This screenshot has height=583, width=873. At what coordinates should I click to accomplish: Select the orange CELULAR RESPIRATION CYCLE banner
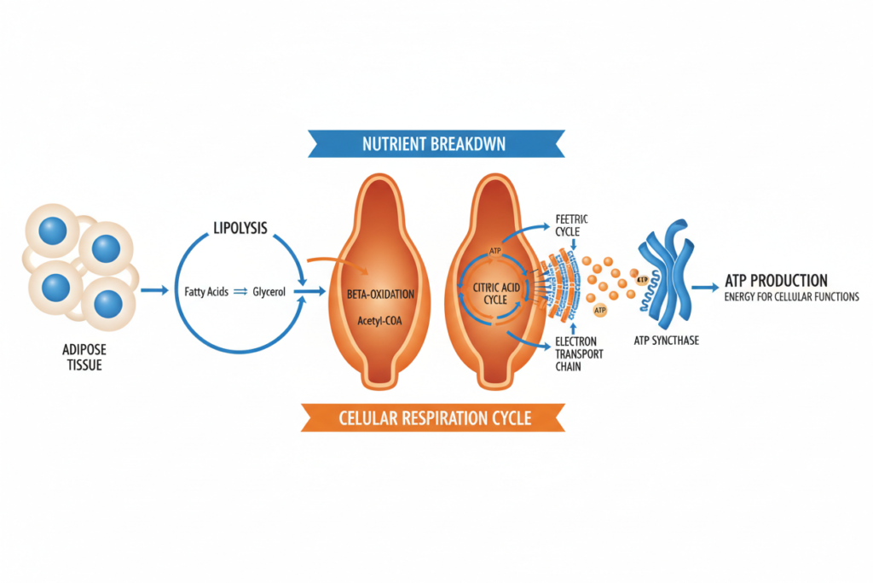pos(435,417)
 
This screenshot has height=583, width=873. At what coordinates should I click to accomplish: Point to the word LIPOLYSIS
pos(239,229)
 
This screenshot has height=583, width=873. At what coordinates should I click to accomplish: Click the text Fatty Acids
pos(205,291)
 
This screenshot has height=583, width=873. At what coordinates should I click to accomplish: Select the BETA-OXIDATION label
pos(380,294)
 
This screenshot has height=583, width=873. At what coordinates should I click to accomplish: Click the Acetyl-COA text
pos(380,321)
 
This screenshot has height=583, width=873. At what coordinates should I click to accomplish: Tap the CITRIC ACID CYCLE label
pos(495,294)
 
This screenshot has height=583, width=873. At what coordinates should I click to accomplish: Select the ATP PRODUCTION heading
pos(775,280)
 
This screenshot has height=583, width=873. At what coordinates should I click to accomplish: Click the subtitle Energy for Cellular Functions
pos(791,297)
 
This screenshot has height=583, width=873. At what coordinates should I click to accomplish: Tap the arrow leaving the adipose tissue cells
pos(153,291)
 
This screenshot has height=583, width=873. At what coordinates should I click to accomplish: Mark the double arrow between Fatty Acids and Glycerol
pos(240,291)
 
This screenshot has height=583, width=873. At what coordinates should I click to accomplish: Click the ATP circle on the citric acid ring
pos(493,251)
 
